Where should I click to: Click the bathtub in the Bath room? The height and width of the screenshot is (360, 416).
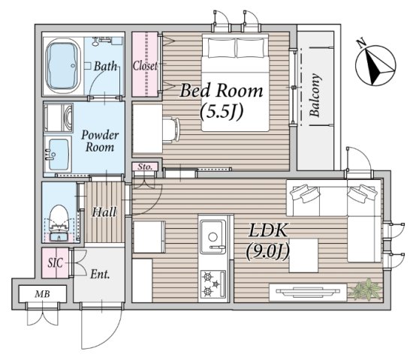click(x=63, y=66)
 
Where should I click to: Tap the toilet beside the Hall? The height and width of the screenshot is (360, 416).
click(x=59, y=223)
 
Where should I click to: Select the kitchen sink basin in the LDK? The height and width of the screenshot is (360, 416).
click(x=213, y=237)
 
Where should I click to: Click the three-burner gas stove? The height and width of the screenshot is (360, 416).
click(x=213, y=284)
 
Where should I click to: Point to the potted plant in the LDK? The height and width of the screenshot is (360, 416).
click(x=366, y=289)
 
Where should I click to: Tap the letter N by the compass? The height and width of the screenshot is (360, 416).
click(x=361, y=43)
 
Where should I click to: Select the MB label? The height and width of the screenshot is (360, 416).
click(x=43, y=294)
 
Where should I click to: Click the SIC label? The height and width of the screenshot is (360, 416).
click(x=55, y=262)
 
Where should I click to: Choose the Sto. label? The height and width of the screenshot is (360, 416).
click(x=145, y=167)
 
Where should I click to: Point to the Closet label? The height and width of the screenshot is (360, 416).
click(x=145, y=66)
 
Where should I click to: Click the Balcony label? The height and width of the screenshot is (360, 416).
click(x=315, y=95)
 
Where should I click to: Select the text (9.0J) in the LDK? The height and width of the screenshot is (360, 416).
click(x=267, y=251)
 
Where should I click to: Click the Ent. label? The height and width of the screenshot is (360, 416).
click(x=100, y=274)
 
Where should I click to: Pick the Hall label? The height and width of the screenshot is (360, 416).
click(x=104, y=212)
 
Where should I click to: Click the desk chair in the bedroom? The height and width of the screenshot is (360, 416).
click(x=171, y=130)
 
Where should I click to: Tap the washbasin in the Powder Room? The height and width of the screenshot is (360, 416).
click(x=58, y=154)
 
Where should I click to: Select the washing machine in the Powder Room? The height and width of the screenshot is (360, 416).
click(x=59, y=118)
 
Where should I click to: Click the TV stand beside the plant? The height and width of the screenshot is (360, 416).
click(x=308, y=292)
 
